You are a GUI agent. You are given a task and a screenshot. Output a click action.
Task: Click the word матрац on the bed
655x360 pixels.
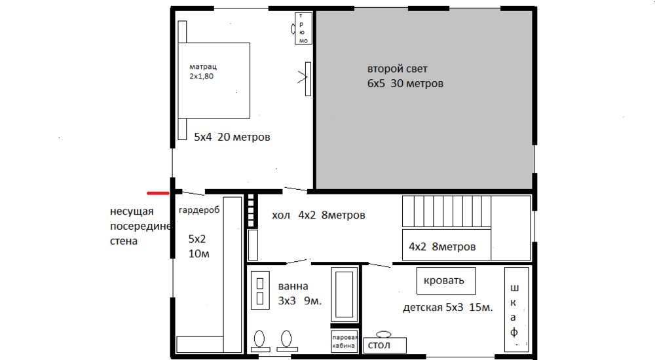pyautogui.click(x=203, y=67)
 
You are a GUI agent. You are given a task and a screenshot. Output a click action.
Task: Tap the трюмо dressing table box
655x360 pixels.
pyautogui.click(x=303, y=28)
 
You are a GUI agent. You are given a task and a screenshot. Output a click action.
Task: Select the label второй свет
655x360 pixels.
pyautogui.click(x=398, y=69)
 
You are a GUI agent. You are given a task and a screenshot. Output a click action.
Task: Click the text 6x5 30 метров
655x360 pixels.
pyautogui.click(x=405, y=84)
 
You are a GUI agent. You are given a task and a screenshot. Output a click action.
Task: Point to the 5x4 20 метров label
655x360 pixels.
pyautogui.click(x=232, y=137)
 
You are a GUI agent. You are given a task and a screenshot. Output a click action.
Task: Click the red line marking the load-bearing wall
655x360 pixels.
pyautogui.click(x=158, y=193)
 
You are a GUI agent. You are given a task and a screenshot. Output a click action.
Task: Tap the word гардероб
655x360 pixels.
pyautogui.click(x=199, y=210)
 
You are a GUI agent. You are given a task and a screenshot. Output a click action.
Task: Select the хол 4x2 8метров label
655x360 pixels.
pyautogui.click(x=318, y=215)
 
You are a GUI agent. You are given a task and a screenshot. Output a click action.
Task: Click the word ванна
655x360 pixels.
pyautogui.click(x=293, y=287)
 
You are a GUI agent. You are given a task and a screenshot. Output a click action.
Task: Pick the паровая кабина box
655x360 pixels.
pyautogui.click(x=344, y=341)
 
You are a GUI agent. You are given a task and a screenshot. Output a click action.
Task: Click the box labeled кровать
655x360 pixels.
pyautogui.click(x=446, y=281)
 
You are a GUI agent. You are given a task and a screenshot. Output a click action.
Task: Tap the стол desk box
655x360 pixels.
pyautogui.click(x=384, y=346)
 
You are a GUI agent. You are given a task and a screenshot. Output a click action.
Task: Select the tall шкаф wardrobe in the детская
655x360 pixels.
pyautogui.click(x=516, y=310)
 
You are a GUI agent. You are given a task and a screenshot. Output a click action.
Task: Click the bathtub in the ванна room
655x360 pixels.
pyautogui.click(x=345, y=294)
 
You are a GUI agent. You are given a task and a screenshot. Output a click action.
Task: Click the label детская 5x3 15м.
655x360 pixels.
pyautogui.click(x=448, y=308)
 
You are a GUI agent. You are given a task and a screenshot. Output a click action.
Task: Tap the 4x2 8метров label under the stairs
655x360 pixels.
pyautogui.click(x=442, y=247)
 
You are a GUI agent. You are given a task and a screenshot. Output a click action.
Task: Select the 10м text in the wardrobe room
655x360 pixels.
pyautogui.click(x=199, y=254)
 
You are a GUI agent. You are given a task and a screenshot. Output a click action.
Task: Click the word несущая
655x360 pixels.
pyautogui.click(x=132, y=211)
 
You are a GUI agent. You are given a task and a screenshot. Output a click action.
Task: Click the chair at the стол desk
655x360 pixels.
pyautogui.click(x=384, y=334)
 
